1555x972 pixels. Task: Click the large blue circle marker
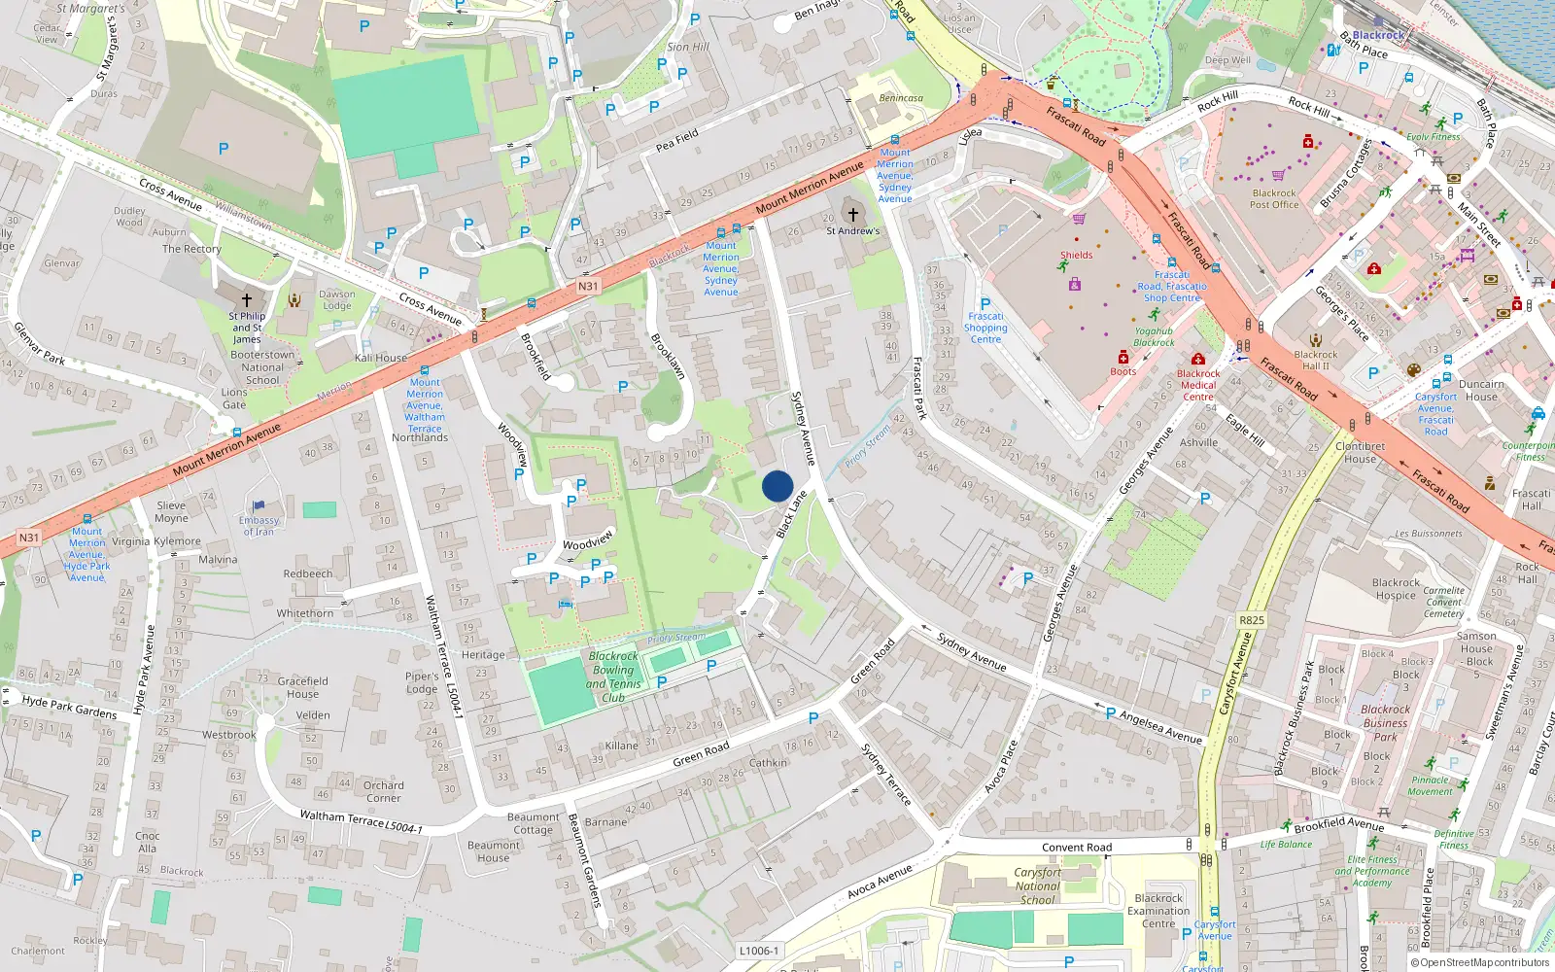click(777, 486)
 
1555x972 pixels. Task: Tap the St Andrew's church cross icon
click(852, 215)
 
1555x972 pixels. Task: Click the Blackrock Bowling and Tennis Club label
click(614, 677)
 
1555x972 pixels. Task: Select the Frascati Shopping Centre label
click(985, 328)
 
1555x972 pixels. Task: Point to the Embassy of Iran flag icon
click(259, 506)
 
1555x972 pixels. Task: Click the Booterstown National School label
click(262, 367)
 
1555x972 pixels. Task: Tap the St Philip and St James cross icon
click(247, 300)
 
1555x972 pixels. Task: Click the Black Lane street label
click(792, 513)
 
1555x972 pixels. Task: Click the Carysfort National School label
click(1038, 885)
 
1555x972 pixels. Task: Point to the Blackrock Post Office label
click(1274, 198)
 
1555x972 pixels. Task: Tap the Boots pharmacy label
click(1123, 371)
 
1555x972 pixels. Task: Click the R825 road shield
click(1252, 620)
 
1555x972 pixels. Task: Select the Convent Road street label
click(1077, 848)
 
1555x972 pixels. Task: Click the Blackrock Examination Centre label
click(1158, 911)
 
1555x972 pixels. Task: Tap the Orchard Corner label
click(383, 791)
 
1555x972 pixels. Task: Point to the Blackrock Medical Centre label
click(1198, 385)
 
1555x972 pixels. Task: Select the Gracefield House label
click(302, 687)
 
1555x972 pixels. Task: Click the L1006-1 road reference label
click(759, 951)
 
